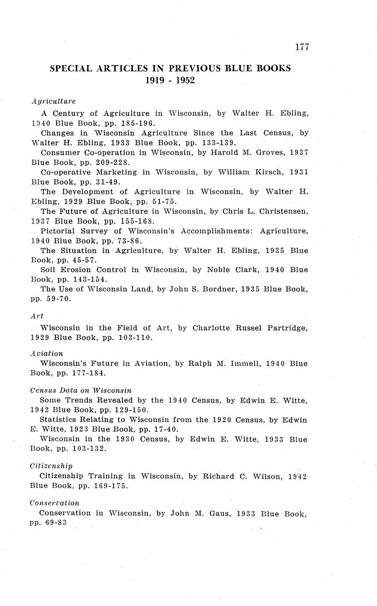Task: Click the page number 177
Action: (x=302, y=47)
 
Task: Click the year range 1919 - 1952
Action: (x=170, y=80)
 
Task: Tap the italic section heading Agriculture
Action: (x=54, y=101)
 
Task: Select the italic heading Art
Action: (x=37, y=316)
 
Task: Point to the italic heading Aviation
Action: (x=47, y=353)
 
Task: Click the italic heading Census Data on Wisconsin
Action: (x=81, y=390)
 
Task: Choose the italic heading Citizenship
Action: (x=51, y=465)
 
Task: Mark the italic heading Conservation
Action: (x=54, y=503)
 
